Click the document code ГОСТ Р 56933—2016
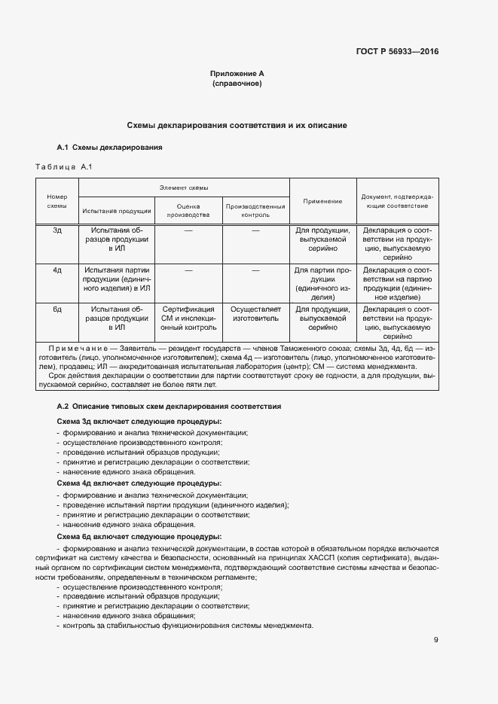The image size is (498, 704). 397,52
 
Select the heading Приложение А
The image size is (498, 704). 237,74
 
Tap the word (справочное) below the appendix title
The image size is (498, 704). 237,84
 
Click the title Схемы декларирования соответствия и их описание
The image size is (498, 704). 237,125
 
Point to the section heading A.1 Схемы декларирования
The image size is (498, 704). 110,147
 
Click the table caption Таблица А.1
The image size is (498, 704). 63,166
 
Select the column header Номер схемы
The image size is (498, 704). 57,201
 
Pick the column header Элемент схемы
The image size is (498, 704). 185,187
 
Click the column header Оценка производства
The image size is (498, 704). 188,210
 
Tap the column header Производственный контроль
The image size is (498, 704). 255,210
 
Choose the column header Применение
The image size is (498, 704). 322,201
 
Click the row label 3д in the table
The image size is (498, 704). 57,230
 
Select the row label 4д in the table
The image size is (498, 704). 57,270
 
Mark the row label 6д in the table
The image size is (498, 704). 57,309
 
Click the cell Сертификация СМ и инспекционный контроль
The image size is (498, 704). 188,318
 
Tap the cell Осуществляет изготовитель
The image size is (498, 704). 255,314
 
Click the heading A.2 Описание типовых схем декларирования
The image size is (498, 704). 170,407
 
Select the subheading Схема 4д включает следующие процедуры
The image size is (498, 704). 139,482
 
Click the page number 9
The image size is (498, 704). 435,640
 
